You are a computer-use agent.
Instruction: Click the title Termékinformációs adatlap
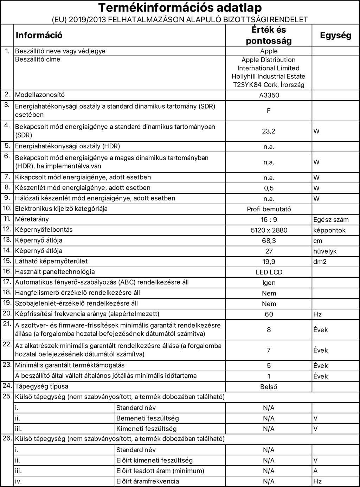[x=180, y=8]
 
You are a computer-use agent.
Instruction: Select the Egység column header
[x=335, y=35]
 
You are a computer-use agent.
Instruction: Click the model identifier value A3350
[x=269, y=95]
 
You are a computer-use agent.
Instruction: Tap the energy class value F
[x=269, y=111]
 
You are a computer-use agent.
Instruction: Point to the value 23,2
[x=269, y=131]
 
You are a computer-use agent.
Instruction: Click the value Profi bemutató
[x=269, y=209]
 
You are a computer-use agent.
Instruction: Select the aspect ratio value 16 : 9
[x=269, y=220]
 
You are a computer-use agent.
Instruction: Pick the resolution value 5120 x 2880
[x=269, y=230]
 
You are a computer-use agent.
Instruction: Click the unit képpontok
[x=329, y=230]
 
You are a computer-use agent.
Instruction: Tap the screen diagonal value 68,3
[x=269, y=241]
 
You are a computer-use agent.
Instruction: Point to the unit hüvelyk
[x=325, y=251]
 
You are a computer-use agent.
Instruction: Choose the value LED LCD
[x=269, y=272]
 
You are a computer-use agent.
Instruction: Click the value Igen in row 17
[x=269, y=283]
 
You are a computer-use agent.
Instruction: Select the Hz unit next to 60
[x=317, y=314]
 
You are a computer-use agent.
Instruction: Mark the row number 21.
[x=7, y=324]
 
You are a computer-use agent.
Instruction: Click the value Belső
[x=269, y=387]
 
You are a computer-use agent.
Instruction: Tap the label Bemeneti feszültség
[x=147, y=418]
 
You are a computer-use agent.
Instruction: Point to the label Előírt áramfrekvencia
[x=147, y=481]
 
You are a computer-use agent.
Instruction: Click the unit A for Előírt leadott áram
[x=315, y=471]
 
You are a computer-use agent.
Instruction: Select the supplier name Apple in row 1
[x=269, y=51]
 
